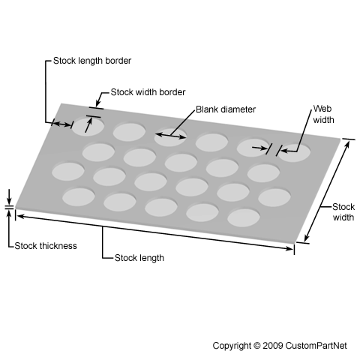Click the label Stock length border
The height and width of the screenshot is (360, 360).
tap(92, 61)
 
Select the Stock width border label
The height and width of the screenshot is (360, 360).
tap(148, 92)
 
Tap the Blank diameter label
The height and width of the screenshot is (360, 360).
tap(226, 109)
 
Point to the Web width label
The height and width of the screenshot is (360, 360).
tap(323, 114)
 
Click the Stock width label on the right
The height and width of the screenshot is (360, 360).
tap(343, 212)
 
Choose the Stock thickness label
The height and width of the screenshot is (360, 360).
tap(46, 246)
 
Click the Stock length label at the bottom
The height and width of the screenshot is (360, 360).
tap(139, 258)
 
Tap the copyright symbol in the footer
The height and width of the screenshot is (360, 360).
tap(256, 346)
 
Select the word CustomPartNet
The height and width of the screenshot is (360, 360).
tap(316, 346)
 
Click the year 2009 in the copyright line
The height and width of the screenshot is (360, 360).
tap(273, 346)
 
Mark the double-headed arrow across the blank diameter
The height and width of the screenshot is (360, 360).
tap(170, 136)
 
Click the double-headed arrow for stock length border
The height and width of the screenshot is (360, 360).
tap(62, 124)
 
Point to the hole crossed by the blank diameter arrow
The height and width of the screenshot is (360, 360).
tap(170, 137)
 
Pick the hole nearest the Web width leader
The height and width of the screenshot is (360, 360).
tap(294, 153)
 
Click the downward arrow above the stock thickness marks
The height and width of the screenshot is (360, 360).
tap(9, 197)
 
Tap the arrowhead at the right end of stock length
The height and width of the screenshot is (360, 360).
tap(289, 248)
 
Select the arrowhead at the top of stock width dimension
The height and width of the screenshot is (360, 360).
tap(347, 145)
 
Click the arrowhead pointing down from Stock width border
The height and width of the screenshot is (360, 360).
tap(97, 103)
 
